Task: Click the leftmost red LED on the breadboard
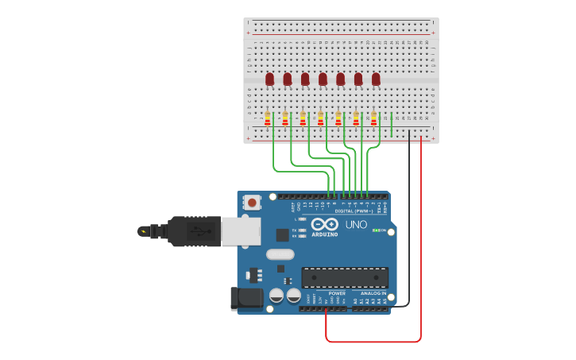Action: (269, 79)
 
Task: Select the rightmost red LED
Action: (376, 79)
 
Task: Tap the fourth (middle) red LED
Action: (323, 79)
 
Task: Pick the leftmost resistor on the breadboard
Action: (268, 119)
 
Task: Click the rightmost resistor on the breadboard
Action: (373, 119)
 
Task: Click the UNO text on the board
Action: (357, 225)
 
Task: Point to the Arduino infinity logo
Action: (331, 224)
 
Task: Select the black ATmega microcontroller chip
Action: (345, 277)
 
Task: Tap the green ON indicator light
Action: (375, 230)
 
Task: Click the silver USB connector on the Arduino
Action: (241, 231)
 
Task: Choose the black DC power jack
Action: (246, 299)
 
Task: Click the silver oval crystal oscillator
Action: (280, 254)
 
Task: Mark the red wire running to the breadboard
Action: (420, 238)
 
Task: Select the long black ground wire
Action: (409, 223)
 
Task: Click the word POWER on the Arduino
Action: (337, 293)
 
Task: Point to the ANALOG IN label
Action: (373, 293)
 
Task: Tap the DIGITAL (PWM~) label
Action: (354, 211)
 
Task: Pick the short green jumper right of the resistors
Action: (392, 124)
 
